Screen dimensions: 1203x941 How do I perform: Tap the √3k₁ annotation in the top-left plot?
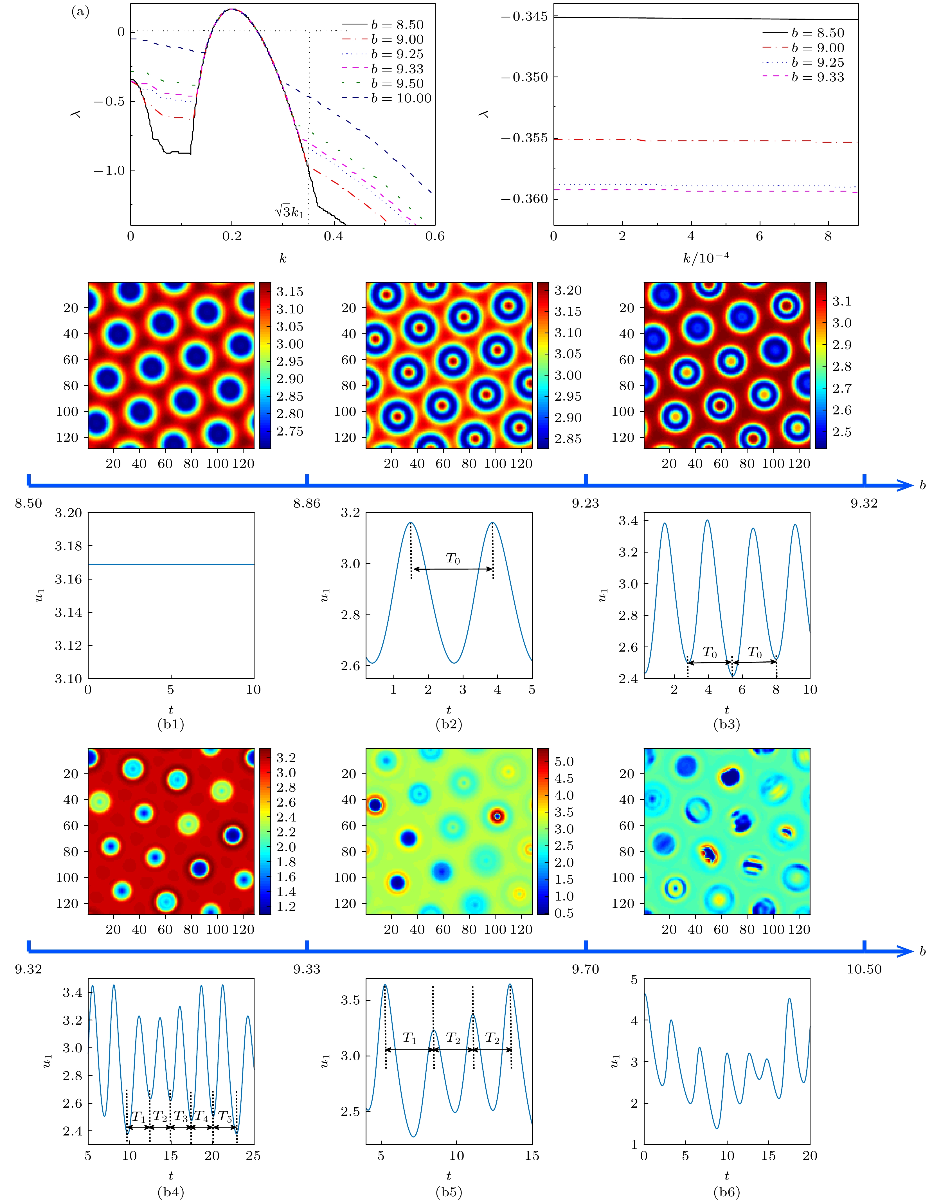click(x=290, y=212)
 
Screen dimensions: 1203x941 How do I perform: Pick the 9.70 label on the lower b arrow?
click(x=585, y=969)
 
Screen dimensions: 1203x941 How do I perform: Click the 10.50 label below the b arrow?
click(x=864, y=969)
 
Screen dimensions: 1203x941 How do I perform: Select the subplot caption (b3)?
click(x=727, y=724)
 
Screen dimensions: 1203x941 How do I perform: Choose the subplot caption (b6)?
click(x=727, y=1192)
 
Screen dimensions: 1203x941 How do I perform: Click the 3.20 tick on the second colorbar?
click(x=568, y=290)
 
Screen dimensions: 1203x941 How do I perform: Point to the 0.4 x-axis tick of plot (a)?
click(x=333, y=236)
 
